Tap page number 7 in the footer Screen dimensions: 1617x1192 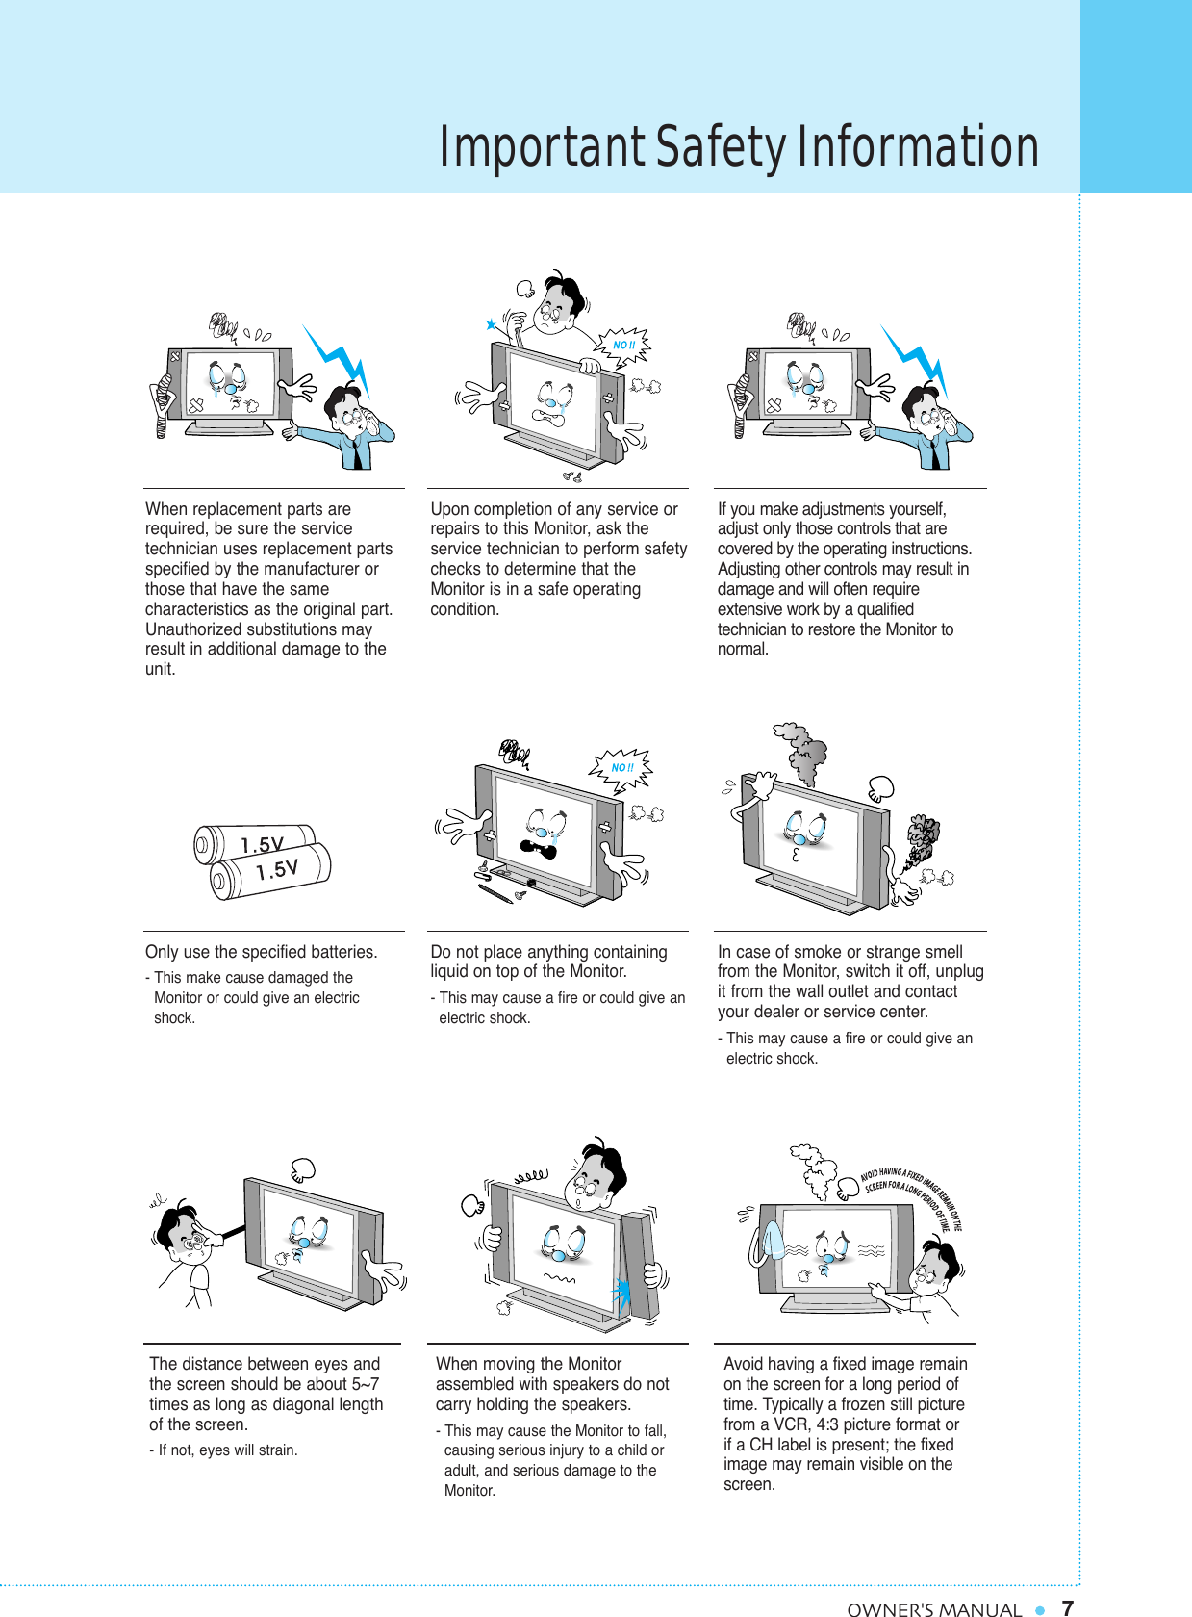click(x=1067, y=1607)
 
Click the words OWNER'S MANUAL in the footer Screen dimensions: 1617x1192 click(x=933, y=1608)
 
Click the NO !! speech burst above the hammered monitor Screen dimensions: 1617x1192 click(x=624, y=345)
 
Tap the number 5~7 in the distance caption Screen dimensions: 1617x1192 click(x=361, y=1384)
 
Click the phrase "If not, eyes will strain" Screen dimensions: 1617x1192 click(x=227, y=1450)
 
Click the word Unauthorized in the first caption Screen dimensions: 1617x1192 click(x=191, y=629)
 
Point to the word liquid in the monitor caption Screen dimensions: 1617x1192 click(x=453, y=971)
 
